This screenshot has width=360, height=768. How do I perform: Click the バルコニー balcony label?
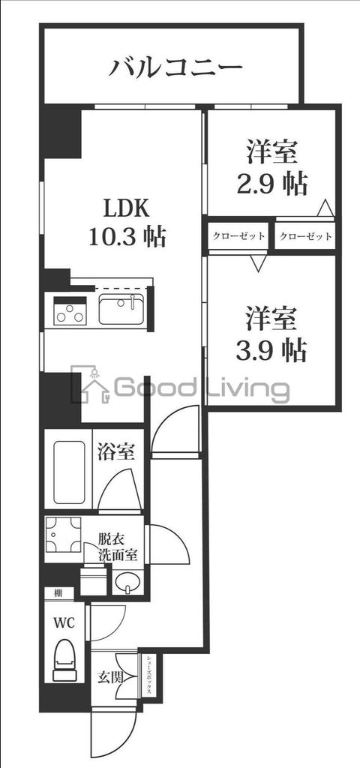177,68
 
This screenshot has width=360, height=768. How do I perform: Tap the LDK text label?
124,208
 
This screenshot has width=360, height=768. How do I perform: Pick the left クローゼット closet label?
238,236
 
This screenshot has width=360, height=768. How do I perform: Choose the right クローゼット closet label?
305,236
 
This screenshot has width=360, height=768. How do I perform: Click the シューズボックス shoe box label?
149,675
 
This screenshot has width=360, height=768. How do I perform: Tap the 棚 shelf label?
58,593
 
